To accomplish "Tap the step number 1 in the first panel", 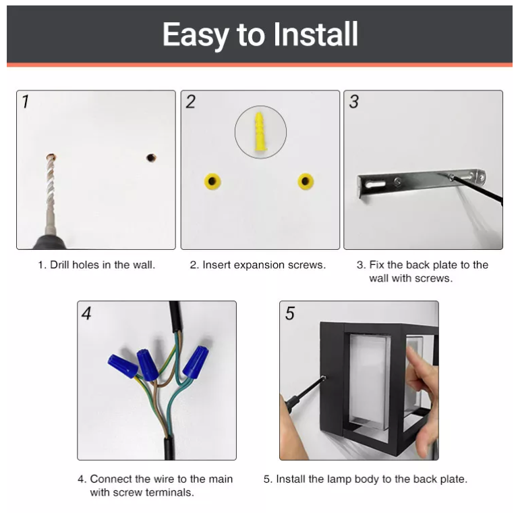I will [x=26, y=102].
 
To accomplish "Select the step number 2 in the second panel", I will [x=191, y=102].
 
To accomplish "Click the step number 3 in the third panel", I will [x=354, y=102].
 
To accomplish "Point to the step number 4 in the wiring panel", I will [x=86, y=313].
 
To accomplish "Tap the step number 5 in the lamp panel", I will [x=290, y=313].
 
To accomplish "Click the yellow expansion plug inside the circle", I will [x=260, y=132].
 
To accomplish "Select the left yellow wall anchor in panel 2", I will [x=213, y=181].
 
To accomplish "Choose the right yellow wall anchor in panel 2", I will [x=306, y=181].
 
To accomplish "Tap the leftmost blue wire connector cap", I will [x=123, y=365].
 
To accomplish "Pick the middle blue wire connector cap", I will [x=148, y=364].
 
